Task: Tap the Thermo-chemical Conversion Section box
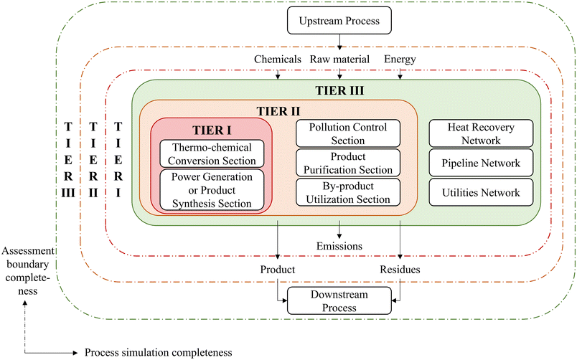tap(211, 153)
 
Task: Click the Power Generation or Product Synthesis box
tap(211, 190)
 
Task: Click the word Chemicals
tap(277, 60)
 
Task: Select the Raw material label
tap(339, 60)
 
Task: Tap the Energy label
tap(400, 60)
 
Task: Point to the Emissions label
tap(339, 246)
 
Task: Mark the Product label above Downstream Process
tap(278, 269)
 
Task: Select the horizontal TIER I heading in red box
tap(211, 130)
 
